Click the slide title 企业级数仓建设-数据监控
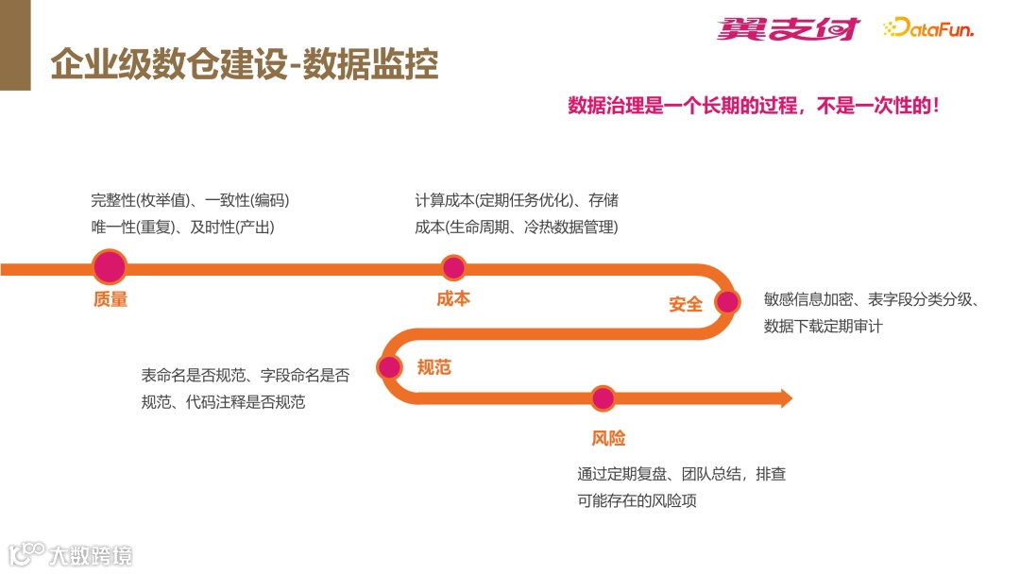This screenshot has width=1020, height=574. pos(244,63)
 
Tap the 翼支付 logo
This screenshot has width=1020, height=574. pos(788,29)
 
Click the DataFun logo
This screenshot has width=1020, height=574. pos(928,29)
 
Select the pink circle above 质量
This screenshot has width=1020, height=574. pos(110,267)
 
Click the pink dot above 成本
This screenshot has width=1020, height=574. pos(453,267)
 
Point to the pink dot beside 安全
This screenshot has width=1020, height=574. pos(726,302)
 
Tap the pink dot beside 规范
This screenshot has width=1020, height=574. pos(389,367)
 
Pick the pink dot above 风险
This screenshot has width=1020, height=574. pos(603,398)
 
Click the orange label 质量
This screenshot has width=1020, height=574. pos(110,300)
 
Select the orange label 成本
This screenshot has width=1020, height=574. pos(453,299)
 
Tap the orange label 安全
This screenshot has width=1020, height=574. pos(686,304)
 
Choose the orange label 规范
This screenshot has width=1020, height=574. pos(434,367)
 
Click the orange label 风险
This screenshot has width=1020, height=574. pos(608,438)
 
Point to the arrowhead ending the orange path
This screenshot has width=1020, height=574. pos(785,398)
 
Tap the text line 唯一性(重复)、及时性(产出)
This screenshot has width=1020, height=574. pos(182,227)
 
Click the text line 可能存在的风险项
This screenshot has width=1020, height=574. pos(637,500)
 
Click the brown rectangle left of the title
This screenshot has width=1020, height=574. pos(14,45)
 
